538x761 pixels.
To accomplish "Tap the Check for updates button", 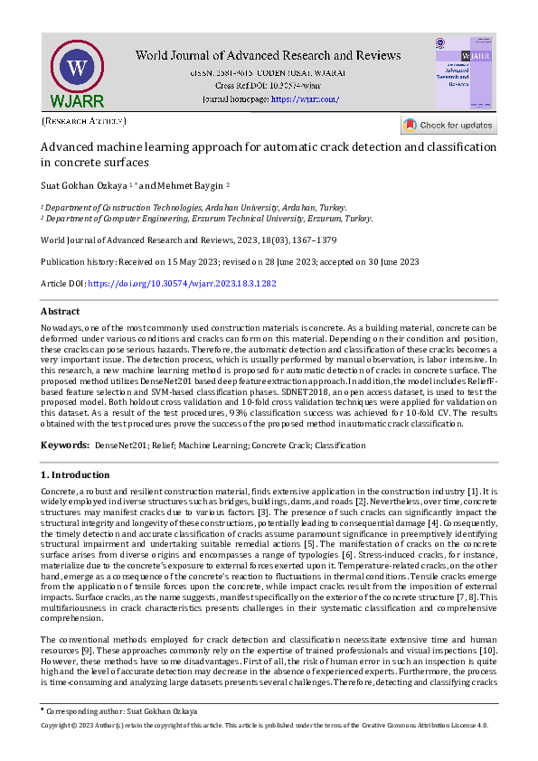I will click(x=448, y=126).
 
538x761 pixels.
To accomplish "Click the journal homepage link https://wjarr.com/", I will click(x=305, y=99).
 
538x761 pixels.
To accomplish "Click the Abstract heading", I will click(x=61, y=311).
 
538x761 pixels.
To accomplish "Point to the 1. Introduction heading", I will click(x=76, y=474).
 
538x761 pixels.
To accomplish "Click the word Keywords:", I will click(x=63, y=446).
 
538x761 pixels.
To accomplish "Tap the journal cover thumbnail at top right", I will click(x=464, y=71).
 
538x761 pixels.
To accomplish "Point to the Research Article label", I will click(x=84, y=120).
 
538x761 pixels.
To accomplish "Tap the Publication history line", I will click(x=231, y=262).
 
